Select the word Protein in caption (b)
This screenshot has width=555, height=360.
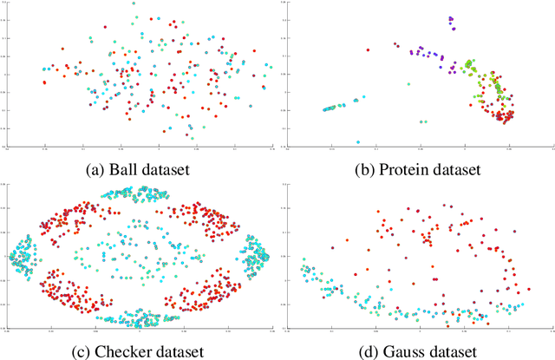click(401, 170)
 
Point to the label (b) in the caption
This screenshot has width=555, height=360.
click(364, 170)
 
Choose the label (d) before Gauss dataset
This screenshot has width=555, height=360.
click(368, 350)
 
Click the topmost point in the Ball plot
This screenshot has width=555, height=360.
click(134, 3)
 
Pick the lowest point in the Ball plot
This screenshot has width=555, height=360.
click(191, 136)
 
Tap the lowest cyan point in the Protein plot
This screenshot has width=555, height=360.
click(358, 141)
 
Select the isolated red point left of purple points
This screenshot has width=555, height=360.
click(396, 45)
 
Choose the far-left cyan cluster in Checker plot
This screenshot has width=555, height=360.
click(19, 257)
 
